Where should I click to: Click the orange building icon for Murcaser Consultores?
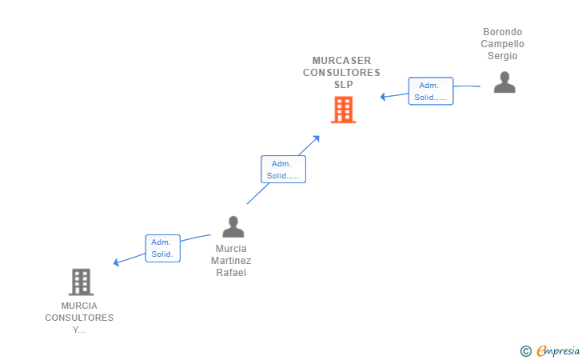pos(343,110)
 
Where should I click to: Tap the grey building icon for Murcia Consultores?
pos(80,282)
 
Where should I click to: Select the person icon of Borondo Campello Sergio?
pos(504,82)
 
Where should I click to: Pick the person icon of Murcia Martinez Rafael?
pos(233,226)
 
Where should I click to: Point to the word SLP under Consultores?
pos(343,85)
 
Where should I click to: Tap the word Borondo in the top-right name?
pos(503,32)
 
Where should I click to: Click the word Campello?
pos(503,44)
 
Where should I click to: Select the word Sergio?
pos(503,56)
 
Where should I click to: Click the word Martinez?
pos(231,261)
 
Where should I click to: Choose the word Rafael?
pos(231,273)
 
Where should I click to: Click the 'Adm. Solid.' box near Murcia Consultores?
pos(162,249)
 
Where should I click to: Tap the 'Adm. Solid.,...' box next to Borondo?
pos(431,91)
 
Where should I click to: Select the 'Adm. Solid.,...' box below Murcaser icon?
pos(283,169)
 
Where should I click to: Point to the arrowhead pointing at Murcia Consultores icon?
pos(118,262)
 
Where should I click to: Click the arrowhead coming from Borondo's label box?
pos(384,97)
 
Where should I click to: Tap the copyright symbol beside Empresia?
pos(525,350)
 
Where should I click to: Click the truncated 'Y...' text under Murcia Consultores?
pos(79,330)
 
